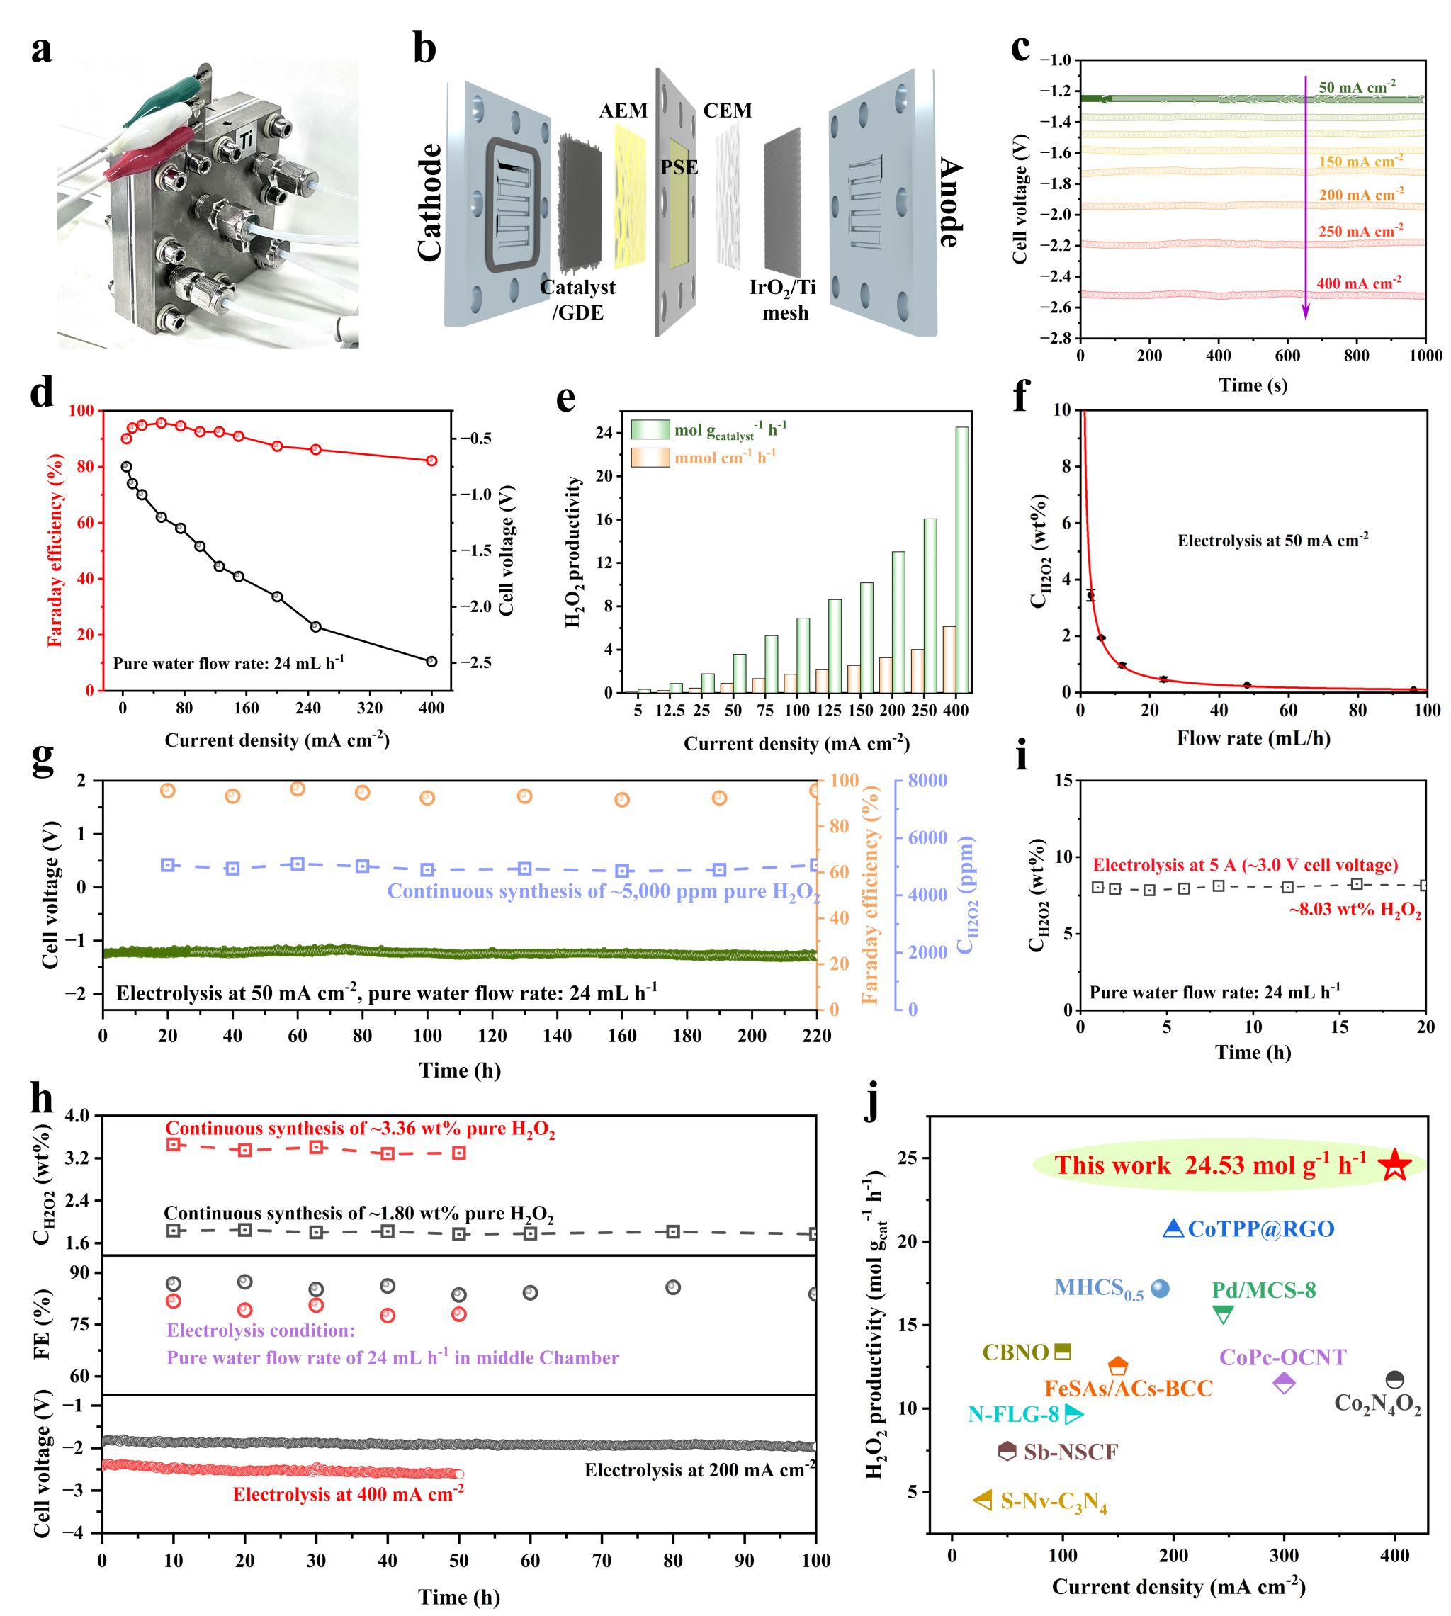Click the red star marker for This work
1395,1165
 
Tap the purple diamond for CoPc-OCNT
1285,1383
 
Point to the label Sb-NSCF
1071,1452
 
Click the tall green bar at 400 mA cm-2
962,560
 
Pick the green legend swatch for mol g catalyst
650,430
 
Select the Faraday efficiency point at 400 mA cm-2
432,460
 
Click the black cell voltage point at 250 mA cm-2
316,626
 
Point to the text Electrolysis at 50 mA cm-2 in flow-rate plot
1273,541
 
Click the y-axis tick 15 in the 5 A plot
1063,781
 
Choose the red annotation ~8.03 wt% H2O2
1355,910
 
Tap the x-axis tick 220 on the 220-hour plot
816,1036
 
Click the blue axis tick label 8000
928,781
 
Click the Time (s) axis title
1253,386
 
